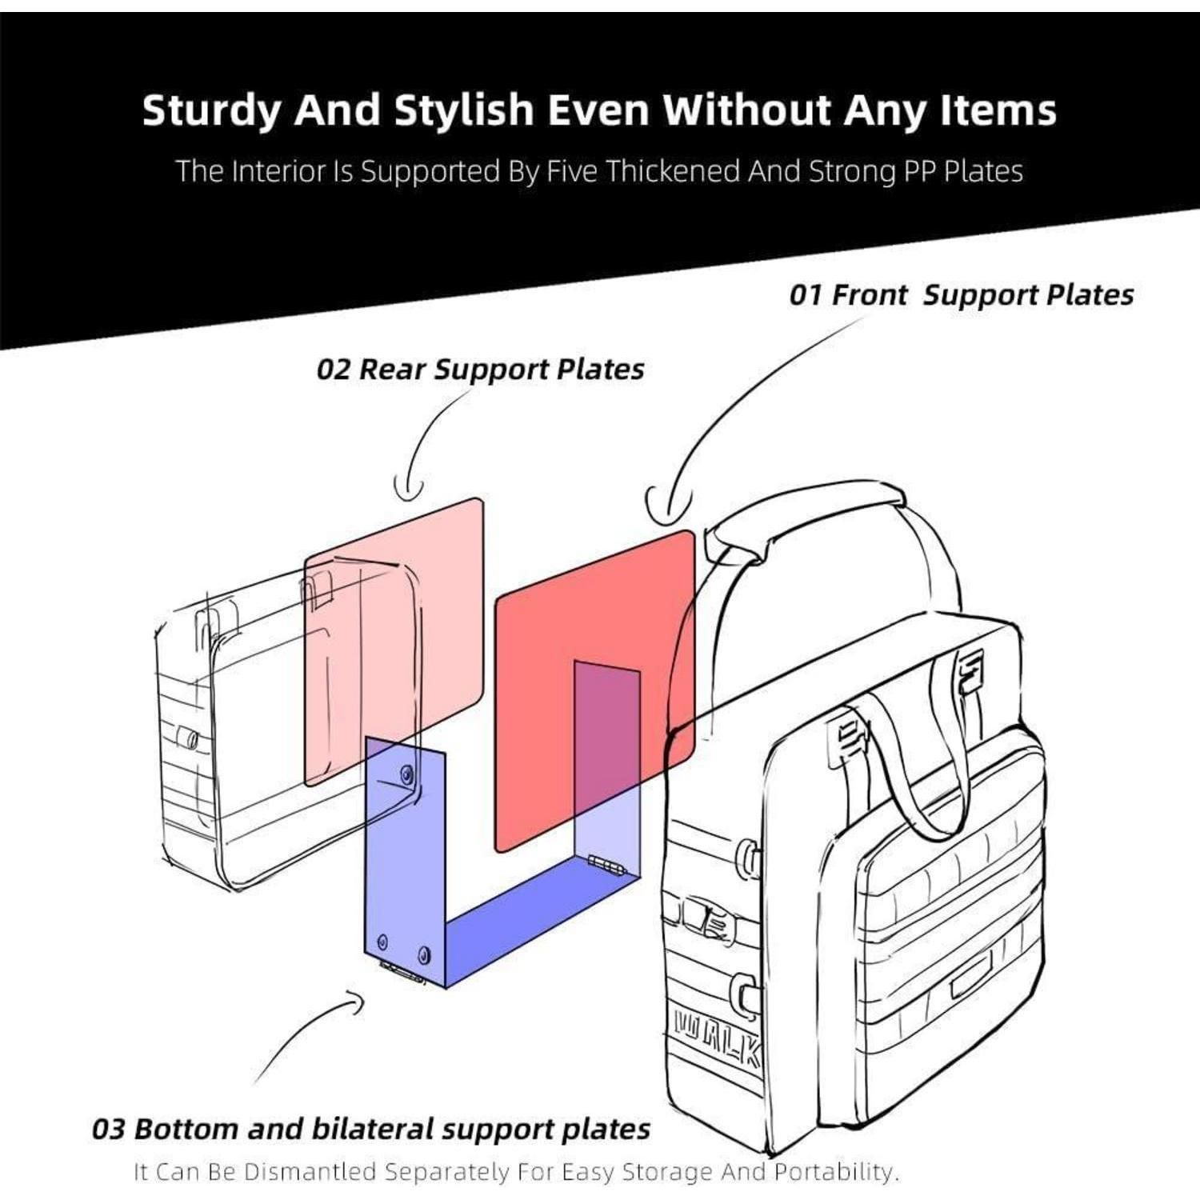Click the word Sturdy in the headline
coord(210,110)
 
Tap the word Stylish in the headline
coord(463,110)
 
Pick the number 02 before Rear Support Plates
coord(333,369)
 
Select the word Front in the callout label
coord(870,294)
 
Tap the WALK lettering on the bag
coord(718,1038)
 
